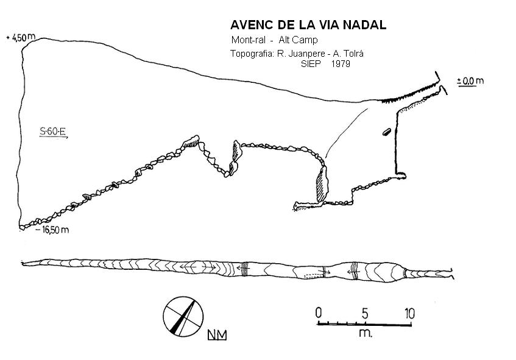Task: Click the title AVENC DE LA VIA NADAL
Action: point(308,25)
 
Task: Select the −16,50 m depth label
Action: point(52,230)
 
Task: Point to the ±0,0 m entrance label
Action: point(470,81)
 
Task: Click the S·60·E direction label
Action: point(53,132)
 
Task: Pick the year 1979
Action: point(341,63)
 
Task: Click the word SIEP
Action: point(311,63)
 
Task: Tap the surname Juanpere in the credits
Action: point(301,54)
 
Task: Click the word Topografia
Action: point(252,54)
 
